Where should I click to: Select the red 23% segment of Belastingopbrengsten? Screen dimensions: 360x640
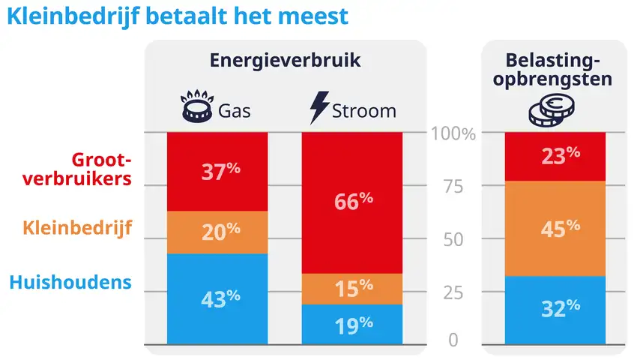click(555, 156)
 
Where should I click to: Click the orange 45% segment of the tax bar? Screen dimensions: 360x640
click(555, 228)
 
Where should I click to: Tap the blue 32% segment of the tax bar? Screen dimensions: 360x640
click(555, 308)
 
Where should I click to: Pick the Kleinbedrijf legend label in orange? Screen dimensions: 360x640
click(77, 226)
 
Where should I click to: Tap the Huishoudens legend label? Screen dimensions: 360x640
click(70, 283)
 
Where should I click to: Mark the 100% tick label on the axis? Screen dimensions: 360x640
click(453, 134)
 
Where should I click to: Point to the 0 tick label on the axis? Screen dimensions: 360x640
click(453, 340)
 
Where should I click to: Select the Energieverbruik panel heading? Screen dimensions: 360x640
click(285, 61)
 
